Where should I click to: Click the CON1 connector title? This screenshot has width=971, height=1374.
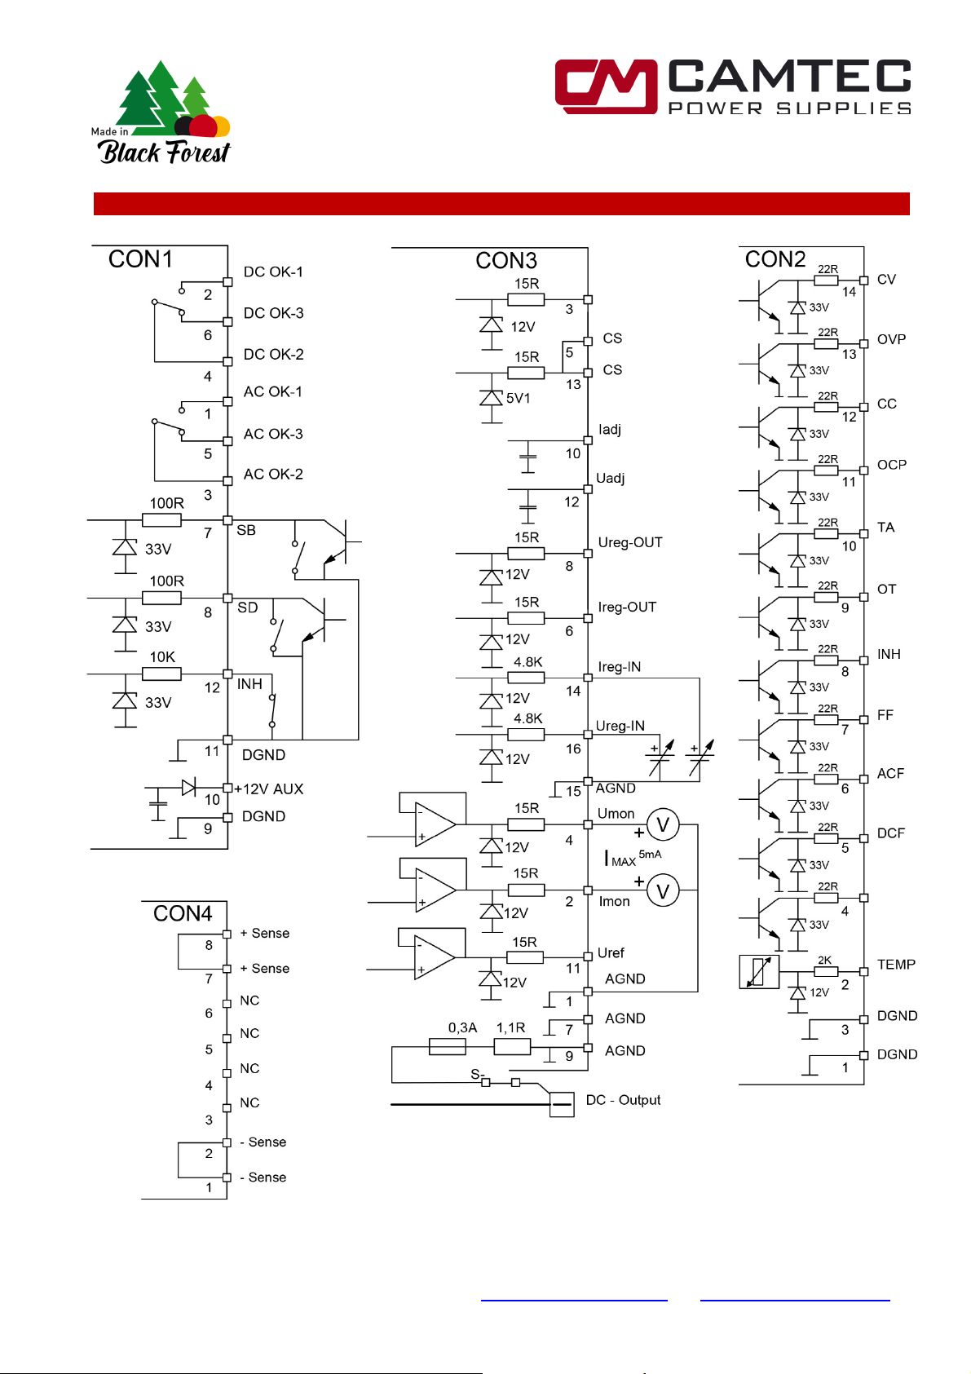(140, 259)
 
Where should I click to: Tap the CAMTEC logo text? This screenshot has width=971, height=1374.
(789, 77)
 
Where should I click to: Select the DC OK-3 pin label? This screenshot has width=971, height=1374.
(273, 313)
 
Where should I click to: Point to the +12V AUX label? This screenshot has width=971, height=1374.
(269, 789)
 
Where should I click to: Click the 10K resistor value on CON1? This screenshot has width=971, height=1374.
(162, 657)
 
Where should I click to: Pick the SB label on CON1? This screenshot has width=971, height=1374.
(246, 531)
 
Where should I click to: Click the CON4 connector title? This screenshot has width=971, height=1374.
(183, 914)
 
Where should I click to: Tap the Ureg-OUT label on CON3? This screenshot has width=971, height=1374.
(630, 543)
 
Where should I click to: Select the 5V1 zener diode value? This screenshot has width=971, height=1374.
(519, 399)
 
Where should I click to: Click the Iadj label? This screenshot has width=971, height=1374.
(610, 430)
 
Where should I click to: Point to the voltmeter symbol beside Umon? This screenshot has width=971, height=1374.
(663, 825)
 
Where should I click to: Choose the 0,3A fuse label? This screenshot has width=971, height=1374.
(462, 1028)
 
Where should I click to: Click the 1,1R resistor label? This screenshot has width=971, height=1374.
(510, 1028)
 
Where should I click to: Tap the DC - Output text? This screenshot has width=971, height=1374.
(623, 1101)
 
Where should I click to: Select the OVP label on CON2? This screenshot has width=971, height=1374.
(891, 340)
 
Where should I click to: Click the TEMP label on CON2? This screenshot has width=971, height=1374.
(896, 965)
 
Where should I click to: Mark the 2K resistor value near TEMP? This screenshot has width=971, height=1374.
(825, 961)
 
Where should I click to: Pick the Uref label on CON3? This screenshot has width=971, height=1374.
(611, 953)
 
